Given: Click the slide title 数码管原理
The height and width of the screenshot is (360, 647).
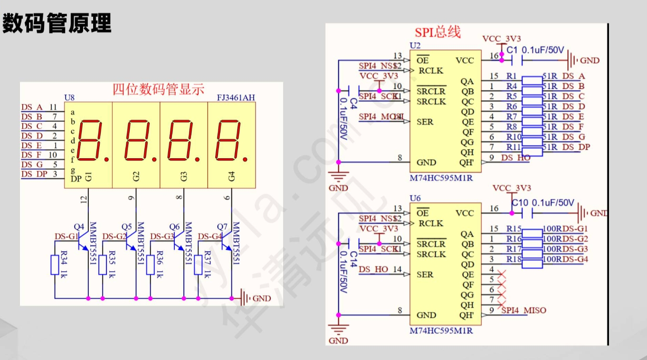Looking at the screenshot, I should [57, 23].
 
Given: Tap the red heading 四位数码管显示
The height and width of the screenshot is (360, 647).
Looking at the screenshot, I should [158, 89].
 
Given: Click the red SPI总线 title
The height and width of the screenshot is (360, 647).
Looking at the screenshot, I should [438, 32].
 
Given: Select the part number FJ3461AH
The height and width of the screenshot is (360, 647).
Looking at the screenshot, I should [236, 98].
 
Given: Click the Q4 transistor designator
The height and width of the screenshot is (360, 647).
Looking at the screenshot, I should [79, 227].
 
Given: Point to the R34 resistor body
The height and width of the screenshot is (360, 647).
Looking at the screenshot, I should [55, 265].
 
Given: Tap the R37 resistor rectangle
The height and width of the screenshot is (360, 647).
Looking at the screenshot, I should [198, 265].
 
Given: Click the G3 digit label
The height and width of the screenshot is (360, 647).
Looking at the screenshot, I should [184, 177].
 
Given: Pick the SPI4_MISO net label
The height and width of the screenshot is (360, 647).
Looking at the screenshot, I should [523, 311].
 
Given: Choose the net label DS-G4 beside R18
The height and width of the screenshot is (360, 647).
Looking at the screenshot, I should [575, 259].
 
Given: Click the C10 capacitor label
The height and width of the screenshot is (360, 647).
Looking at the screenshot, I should [520, 203].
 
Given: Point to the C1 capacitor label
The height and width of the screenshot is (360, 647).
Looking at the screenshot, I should [512, 50].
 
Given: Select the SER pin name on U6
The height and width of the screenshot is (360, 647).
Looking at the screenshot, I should [425, 275].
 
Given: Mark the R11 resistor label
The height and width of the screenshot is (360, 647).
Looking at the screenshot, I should [514, 147].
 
